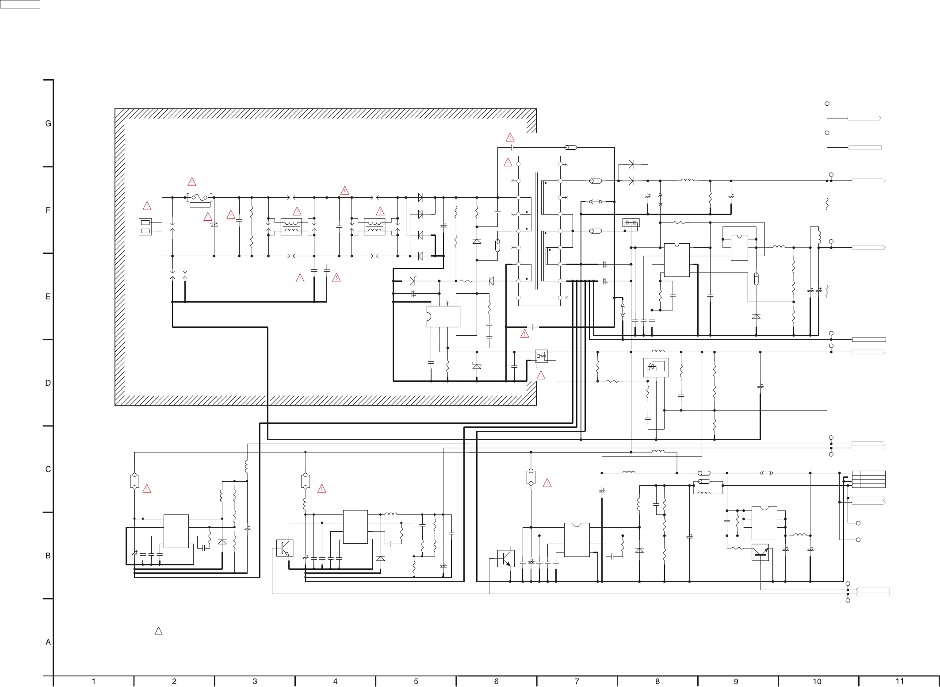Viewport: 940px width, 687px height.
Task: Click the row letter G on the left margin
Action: point(48,123)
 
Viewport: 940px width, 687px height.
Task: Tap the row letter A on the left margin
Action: point(48,642)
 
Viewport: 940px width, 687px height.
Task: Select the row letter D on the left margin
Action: point(48,383)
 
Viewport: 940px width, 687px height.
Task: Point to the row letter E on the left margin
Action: point(48,296)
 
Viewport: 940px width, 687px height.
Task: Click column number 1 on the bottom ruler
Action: point(94,681)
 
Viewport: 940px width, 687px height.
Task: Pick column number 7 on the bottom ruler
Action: point(577,681)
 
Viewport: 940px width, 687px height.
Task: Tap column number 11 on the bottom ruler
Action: point(900,681)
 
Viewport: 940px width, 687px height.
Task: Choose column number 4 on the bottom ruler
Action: point(336,681)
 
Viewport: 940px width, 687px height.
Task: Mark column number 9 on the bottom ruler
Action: point(736,681)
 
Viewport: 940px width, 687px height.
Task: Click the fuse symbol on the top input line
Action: point(200,197)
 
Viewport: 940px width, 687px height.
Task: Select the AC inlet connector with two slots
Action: point(145,226)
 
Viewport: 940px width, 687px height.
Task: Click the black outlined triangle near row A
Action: point(159,631)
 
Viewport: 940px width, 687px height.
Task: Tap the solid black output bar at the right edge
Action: point(869,340)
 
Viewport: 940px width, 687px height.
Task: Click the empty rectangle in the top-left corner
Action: point(20,4)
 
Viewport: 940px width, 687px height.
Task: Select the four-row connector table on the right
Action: point(869,479)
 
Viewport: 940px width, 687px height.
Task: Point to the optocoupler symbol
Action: point(541,356)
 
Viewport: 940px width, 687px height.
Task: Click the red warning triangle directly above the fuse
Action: point(192,182)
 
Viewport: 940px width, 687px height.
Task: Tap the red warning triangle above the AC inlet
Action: point(147,206)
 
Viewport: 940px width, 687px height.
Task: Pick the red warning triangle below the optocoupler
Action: point(541,376)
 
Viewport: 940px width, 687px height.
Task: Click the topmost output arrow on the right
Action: point(864,118)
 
